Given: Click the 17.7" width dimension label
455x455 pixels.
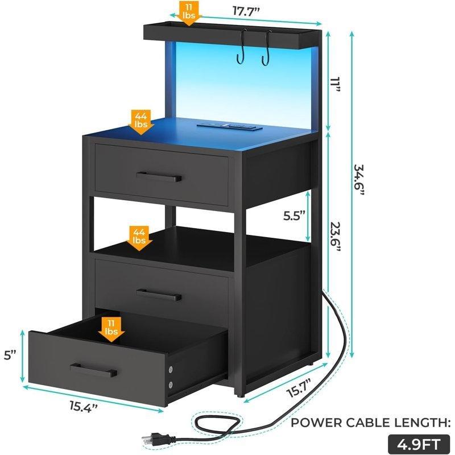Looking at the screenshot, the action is click(246, 11).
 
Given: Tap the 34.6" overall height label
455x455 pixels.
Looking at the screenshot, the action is click(359, 180).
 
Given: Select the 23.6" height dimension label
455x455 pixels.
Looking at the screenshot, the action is click(334, 237).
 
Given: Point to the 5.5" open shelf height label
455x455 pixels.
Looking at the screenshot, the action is click(294, 216).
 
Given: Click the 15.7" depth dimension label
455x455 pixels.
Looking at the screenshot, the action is click(299, 388).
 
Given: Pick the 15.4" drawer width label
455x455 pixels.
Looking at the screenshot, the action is click(83, 406).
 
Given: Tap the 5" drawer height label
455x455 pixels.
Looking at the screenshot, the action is click(10, 355).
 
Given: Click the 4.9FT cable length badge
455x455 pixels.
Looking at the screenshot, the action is click(419, 444).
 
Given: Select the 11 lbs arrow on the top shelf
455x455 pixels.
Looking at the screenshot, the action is click(189, 13).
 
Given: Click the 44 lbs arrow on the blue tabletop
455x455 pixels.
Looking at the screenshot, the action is click(140, 122).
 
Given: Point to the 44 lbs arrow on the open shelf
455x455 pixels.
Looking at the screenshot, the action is click(139, 238).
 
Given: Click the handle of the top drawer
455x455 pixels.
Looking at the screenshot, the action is click(159, 177).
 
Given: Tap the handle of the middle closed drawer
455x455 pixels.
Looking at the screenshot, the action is click(159, 295).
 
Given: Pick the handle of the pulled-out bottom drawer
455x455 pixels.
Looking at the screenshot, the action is click(93, 370).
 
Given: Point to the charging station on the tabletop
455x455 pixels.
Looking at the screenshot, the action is click(230, 126).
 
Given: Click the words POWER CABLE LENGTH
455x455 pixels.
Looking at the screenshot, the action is click(371, 423).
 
